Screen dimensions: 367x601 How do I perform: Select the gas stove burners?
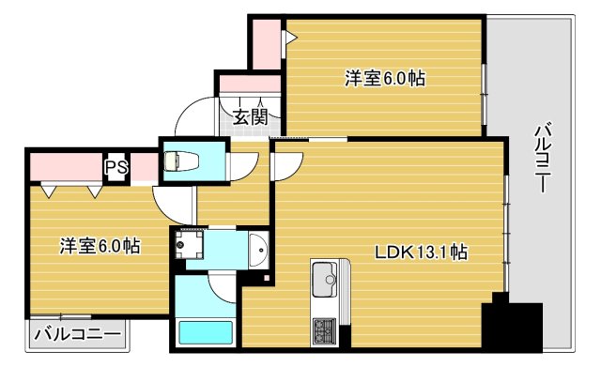324,331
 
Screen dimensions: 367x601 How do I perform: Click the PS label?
116,167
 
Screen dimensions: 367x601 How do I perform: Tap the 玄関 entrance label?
251,117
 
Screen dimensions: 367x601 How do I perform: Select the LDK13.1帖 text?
422,252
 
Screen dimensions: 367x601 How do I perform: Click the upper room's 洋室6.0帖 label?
384,79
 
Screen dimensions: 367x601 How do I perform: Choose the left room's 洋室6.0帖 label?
100,246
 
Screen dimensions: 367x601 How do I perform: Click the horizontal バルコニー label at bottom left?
78,333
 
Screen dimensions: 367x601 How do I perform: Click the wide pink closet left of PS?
64,167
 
